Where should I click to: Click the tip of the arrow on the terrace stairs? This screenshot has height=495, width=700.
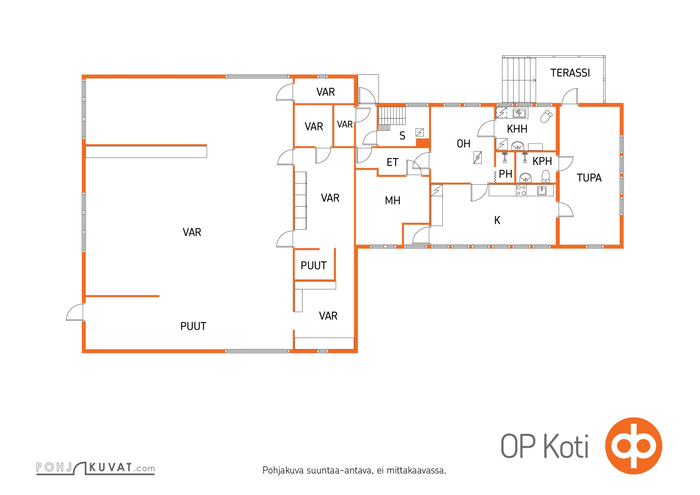coord(536,80)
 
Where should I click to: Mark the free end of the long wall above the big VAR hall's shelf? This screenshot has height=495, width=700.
coord(206,145)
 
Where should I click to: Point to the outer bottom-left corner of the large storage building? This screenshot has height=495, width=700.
coord(82,352)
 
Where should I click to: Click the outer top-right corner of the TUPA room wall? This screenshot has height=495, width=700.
coord(623,104)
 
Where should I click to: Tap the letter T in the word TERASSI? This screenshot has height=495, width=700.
coord(553,73)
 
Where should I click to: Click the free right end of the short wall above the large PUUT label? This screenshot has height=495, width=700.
coord(159,296)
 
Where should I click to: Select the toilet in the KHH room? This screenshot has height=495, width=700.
coord(547,116)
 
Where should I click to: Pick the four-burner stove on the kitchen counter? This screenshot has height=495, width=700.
coord(521,190)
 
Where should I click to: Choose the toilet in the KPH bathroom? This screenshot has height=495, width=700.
coord(546,176)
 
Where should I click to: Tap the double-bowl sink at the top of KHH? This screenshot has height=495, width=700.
coord(519,113)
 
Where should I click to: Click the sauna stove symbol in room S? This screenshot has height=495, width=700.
coord(419,132)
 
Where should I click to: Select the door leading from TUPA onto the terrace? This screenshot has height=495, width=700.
coord(570,96)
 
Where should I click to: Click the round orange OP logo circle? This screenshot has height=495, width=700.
coord(633,446)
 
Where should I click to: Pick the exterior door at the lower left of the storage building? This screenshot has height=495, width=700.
coord(75,312)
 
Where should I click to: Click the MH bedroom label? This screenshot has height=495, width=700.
coord(392,200)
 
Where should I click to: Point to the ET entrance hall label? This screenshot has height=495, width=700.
coord(392,162)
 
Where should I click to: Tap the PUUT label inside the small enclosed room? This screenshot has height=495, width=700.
coord(313,265)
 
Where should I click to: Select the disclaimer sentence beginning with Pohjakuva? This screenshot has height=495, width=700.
coord(354,471)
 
